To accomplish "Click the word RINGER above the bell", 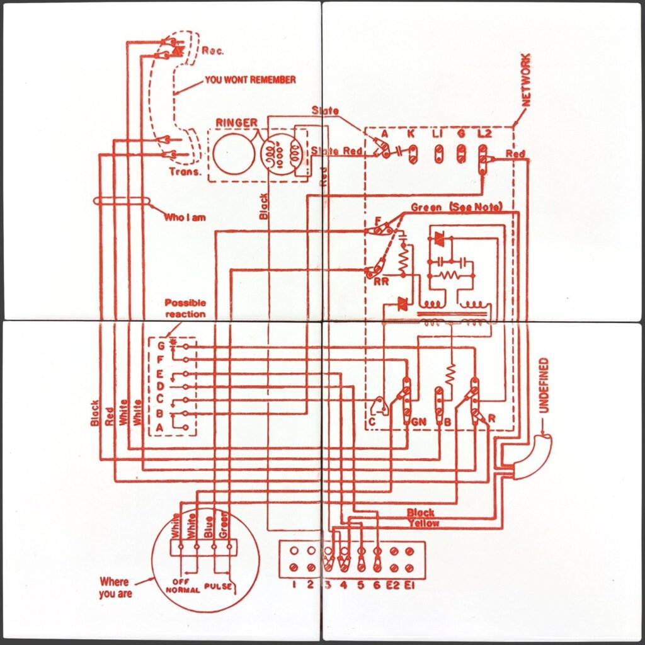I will click(236, 122).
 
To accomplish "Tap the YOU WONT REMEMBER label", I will click(250, 81).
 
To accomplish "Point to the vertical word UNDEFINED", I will click(544, 385).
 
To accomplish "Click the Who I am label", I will click(184, 217).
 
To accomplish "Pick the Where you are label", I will click(115, 587).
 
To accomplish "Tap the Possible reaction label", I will click(185, 308).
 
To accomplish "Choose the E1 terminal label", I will click(410, 584).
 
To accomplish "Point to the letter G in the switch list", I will click(161, 345).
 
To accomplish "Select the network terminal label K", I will click(411, 134).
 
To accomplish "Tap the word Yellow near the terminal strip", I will click(423, 523).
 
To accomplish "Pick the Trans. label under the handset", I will click(185, 171).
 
